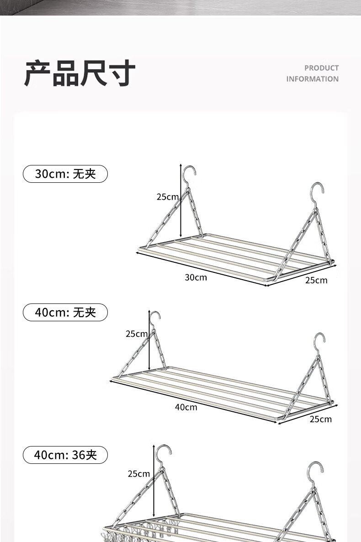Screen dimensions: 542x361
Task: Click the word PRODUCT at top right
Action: coord(322,68)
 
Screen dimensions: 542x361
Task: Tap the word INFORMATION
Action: coord(313,79)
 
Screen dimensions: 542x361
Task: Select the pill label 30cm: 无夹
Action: coord(65,174)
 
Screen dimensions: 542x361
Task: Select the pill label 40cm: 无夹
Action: coord(65,313)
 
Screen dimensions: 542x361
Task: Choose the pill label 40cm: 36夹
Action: coord(65,455)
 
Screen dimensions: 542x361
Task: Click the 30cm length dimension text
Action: coord(196,277)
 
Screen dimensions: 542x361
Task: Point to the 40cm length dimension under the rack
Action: coord(186,407)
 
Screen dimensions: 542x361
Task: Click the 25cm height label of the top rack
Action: coord(167,197)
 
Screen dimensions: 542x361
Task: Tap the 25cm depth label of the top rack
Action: coord(316,280)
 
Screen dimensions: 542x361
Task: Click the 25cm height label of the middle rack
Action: coord(137,334)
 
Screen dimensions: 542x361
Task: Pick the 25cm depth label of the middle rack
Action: coord(320,419)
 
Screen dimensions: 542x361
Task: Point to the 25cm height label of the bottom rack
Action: coord(138,474)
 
